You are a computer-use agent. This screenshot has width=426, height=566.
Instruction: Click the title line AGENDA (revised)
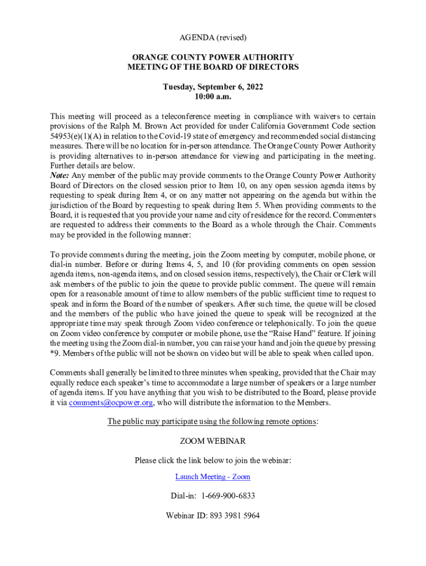coord(212,38)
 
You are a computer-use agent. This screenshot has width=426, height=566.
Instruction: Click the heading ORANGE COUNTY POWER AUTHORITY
coord(212,57)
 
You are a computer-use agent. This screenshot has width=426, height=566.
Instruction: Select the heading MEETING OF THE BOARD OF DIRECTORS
coord(212,67)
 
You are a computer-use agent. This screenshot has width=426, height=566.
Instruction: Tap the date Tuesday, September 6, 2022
coord(212,87)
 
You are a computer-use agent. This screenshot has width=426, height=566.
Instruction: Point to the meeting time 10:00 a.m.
coord(212,96)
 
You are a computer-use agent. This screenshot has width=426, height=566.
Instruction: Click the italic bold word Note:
coord(59,175)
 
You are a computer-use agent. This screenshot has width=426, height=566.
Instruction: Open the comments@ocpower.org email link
coord(111,402)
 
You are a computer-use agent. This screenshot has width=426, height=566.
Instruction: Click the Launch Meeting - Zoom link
coord(212,476)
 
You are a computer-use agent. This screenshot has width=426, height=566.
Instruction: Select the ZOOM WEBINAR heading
coord(212,441)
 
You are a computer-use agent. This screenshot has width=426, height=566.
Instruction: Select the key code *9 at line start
coord(54,354)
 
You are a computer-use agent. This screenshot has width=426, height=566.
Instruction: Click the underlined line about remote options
coord(212,421)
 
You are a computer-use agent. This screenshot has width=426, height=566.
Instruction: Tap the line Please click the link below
coord(212,460)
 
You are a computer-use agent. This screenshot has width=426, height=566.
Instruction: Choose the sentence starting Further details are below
coord(92,166)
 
